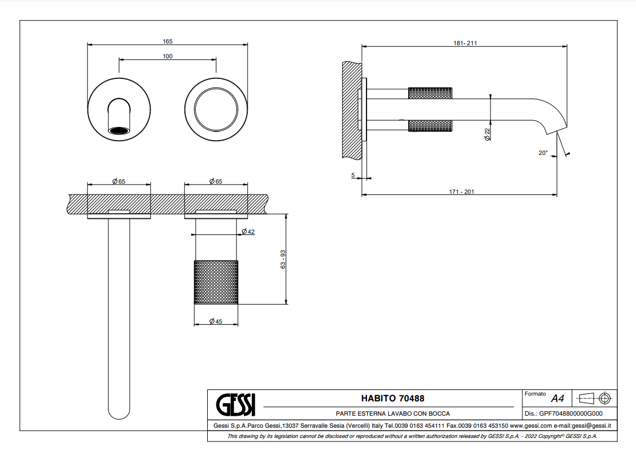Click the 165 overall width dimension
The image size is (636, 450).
pyautogui.click(x=167, y=41)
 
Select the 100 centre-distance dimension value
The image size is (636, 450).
pyautogui.click(x=167, y=56)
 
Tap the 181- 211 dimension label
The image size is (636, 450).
pyautogui.click(x=465, y=43)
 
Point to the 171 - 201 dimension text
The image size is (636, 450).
pyautogui.click(x=461, y=192)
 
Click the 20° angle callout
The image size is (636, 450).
pyautogui.click(x=542, y=153)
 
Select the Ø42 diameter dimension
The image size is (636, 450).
pyautogui.click(x=248, y=232)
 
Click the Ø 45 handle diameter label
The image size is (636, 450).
pyautogui.click(x=216, y=321)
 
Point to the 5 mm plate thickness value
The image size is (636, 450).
pyautogui.click(x=353, y=175)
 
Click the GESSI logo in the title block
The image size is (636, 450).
pyautogui.click(x=236, y=405)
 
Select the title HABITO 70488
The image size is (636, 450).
pyautogui.click(x=393, y=399)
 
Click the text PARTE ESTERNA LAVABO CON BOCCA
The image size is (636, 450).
pyautogui.click(x=393, y=413)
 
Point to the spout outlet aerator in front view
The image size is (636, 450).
pyautogui.click(x=119, y=130)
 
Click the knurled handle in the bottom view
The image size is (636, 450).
pyautogui.click(x=216, y=282)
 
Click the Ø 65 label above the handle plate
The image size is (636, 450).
pyautogui.click(x=216, y=181)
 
